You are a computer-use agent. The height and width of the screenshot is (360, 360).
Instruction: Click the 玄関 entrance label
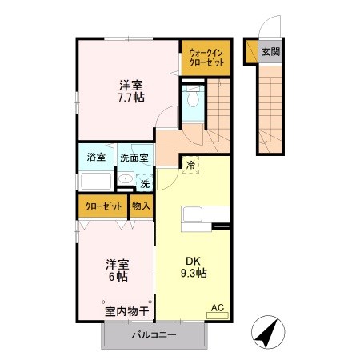[x=270, y=52]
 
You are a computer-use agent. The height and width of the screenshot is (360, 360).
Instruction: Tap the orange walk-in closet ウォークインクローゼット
[x=206, y=57]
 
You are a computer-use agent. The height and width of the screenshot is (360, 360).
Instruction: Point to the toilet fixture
[x=191, y=100]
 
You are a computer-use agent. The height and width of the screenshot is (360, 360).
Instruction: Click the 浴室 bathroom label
[x=95, y=158]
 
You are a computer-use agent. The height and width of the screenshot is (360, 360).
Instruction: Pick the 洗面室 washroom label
[x=134, y=158]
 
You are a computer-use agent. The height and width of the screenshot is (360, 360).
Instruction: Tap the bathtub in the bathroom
[x=96, y=180]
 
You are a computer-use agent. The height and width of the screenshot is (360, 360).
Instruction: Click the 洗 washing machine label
[x=145, y=184]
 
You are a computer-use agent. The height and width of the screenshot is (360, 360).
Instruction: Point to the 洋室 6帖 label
[x=118, y=270]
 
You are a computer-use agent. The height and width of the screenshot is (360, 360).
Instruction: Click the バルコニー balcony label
[x=154, y=335]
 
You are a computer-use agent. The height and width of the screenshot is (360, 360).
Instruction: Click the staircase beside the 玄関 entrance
[x=270, y=104]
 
